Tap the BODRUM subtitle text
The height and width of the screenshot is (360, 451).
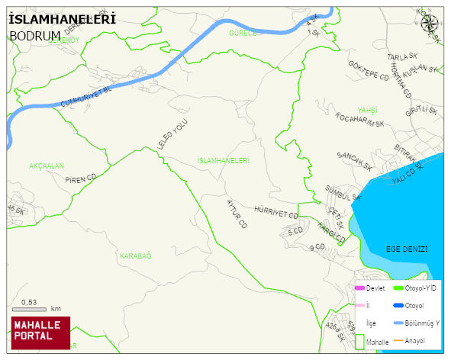[x=35, y=36]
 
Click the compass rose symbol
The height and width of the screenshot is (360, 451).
[x=429, y=24]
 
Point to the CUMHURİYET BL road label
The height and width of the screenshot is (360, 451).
[x=85, y=98]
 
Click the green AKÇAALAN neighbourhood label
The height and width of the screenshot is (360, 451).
[x=47, y=166]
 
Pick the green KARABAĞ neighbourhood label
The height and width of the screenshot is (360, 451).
[x=135, y=256]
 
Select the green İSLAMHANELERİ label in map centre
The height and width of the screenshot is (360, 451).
[x=223, y=160]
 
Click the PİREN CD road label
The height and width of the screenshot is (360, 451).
[x=81, y=180]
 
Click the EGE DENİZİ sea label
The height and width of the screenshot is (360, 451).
[x=406, y=249]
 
